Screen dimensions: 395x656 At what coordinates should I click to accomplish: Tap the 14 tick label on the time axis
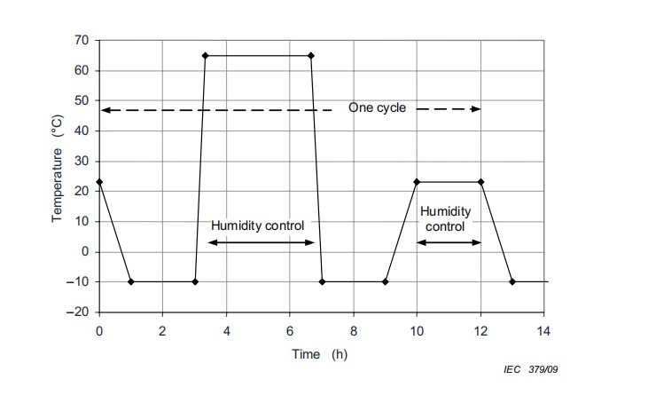pyautogui.click(x=544, y=330)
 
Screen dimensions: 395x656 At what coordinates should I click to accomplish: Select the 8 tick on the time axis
pyautogui.click(x=353, y=330)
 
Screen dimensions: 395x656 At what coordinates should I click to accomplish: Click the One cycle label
pyautogui.click(x=377, y=108)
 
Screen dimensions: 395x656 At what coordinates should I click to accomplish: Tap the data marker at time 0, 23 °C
pyautogui.click(x=98, y=182)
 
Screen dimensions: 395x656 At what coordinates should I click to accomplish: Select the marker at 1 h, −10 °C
pyautogui.click(x=130, y=282)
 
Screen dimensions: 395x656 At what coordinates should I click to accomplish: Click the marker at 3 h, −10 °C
pyautogui.click(x=195, y=282)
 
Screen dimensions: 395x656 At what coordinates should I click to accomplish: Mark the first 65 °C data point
pyautogui.click(x=205, y=56)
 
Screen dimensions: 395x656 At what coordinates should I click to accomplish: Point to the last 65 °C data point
pyautogui.click(x=311, y=56)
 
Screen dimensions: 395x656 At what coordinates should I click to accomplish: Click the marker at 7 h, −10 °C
pyautogui.click(x=322, y=282)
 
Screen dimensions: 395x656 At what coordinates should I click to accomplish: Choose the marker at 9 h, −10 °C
pyautogui.click(x=385, y=282)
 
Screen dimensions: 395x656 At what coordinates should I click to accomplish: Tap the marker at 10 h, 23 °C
pyautogui.click(x=417, y=182)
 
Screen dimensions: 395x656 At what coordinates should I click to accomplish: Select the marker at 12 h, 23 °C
pyautogui.click(x=480, y=182)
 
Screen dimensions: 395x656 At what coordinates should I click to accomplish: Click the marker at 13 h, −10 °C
pyautogui.click(x=512, y=282)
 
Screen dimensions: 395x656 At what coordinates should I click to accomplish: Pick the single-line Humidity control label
pyautogui.click(x=257, y=225)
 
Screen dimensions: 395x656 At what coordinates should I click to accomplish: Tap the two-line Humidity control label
pyautogui.click(x=446, y=219)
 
